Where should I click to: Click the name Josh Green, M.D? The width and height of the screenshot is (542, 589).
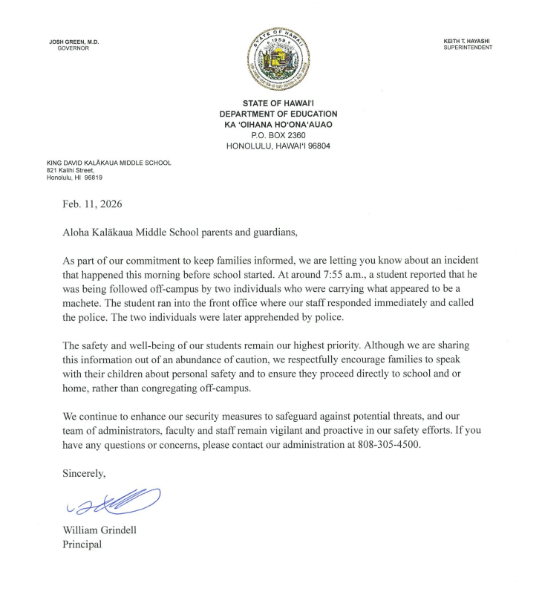pyautogui.click(x=74, y=42)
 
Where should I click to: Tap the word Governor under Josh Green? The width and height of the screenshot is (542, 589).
pyautogui.click(x=73, y=48)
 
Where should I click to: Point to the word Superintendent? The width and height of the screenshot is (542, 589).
pyautogui.click(x=468, y=48)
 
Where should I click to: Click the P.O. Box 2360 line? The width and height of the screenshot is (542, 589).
pyautogui.click(x=278, y=135)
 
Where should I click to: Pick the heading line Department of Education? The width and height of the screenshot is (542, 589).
pyautogui.click(x=278, y=114)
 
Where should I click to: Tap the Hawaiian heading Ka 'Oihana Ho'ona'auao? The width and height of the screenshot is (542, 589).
pyautogui.click(x=278, y=125)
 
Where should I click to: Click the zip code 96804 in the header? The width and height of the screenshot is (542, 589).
pyautogui.click(x=316, y=146)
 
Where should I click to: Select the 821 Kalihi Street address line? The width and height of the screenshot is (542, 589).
pyautogui.click(x=71, y=170)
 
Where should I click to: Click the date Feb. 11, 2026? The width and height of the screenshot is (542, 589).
pyautogui.click(x=93, y=203)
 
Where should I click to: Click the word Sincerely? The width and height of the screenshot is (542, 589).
pyautogui.click(x=84, y=472)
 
